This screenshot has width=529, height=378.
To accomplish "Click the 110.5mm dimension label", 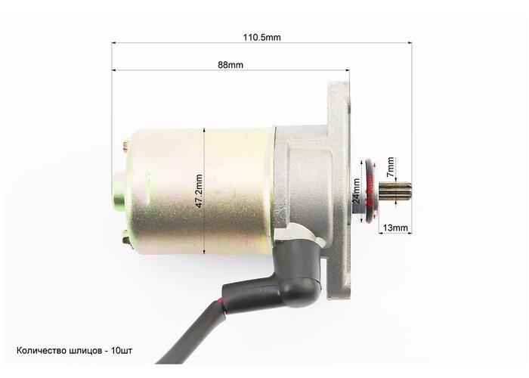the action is point(261,37).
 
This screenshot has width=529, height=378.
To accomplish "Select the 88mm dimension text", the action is point(230,65).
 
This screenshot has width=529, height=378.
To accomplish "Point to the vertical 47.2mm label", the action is point(199,191).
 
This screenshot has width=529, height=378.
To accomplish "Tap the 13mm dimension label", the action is point(395,228).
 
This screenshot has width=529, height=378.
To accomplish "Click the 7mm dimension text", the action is point(391,167).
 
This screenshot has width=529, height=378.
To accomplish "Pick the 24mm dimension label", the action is point(356,191).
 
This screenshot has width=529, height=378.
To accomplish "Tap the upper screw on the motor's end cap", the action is point(126,145).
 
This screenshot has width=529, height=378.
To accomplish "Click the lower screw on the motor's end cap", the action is point(126,238).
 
